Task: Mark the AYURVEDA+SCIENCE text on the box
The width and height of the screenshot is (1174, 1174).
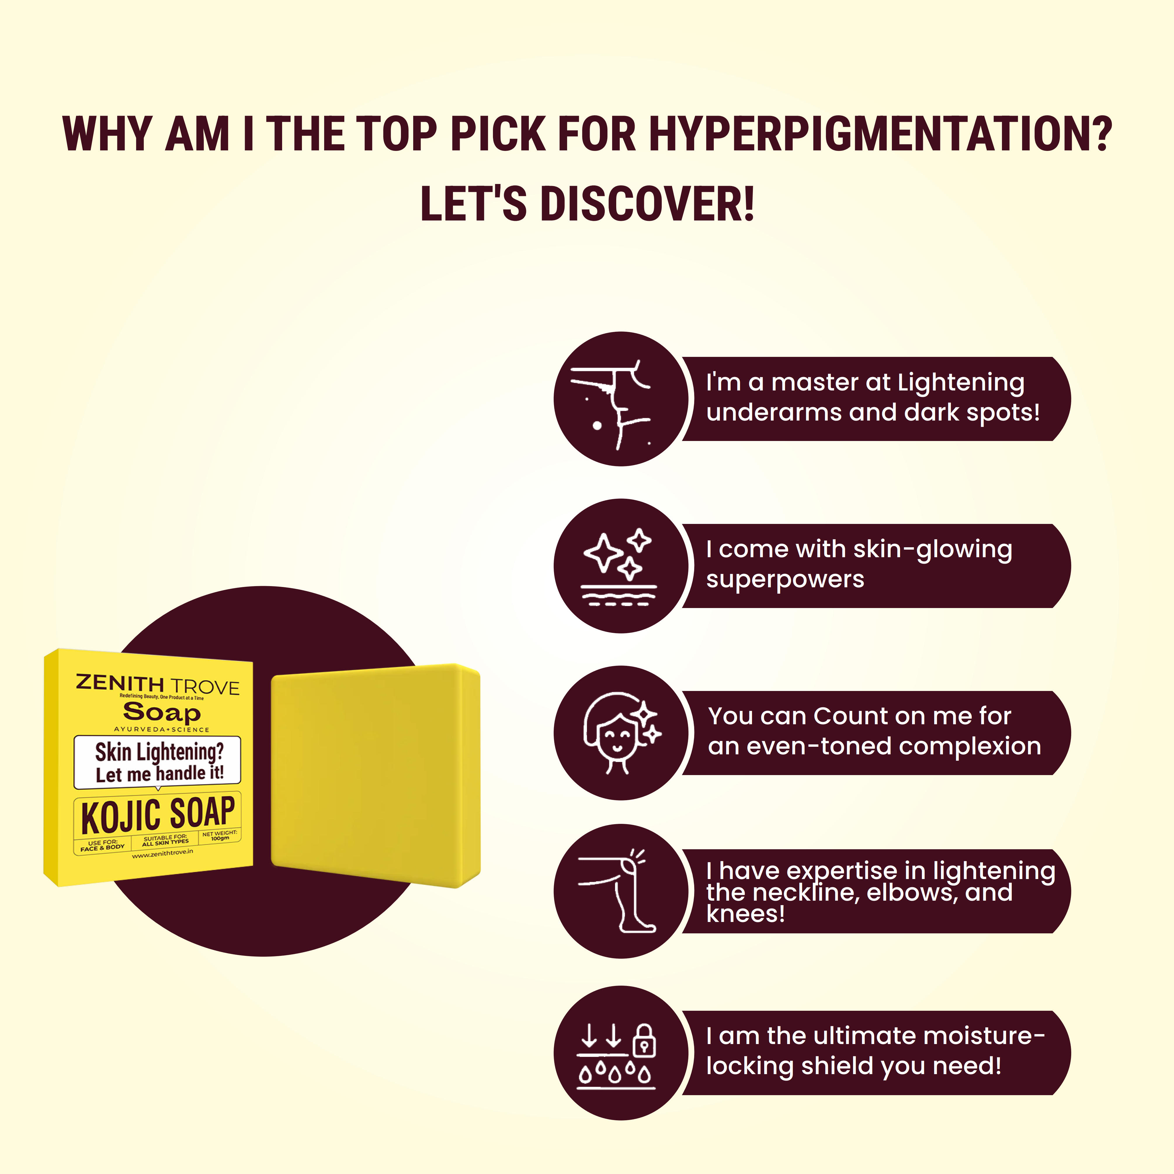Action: click(161, 729)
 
